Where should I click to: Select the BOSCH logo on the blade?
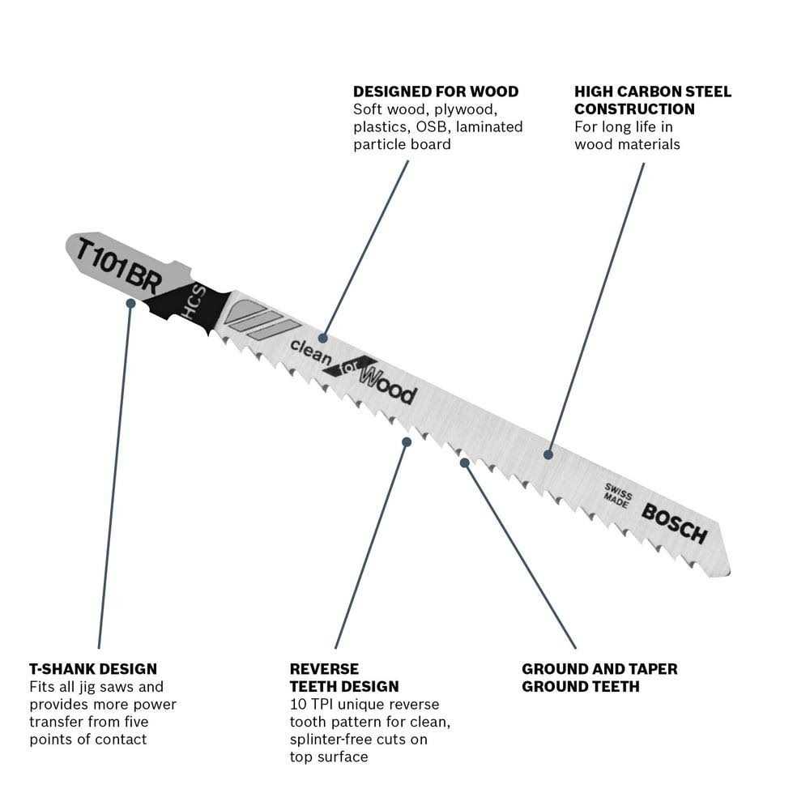click(x=675, y=522)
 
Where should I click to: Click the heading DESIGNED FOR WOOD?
click(x=435, y=92)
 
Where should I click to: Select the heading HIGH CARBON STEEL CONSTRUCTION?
click(x=652, y=100)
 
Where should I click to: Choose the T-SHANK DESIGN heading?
click(x=93, y=669)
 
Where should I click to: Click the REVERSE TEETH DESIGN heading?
click(x=343, y=678)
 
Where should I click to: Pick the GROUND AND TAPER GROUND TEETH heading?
click(x=599, y=678)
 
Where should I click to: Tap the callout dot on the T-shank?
click(x=130, y=302)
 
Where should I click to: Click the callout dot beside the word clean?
click(x=323, y=337)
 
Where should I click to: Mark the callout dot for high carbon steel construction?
click(x=548, y=454)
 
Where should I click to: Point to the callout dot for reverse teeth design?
click(x=407, y=441)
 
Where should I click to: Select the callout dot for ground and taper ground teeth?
click(x=464, y=462)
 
